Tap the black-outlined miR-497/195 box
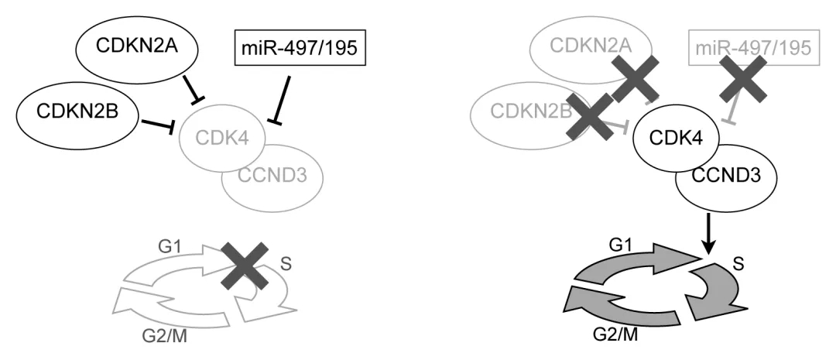coord(300,47)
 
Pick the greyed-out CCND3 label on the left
coord(272,174)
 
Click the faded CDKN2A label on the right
coord(591,46)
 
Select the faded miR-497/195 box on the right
coord(754,48)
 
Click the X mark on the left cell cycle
coord(245,266)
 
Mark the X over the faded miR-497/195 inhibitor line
coord(743,79)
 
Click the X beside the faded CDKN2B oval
coord(589,118)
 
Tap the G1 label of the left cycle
coord(170,248)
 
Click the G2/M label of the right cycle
coord(615,334)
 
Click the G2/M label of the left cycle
coord(164,336)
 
